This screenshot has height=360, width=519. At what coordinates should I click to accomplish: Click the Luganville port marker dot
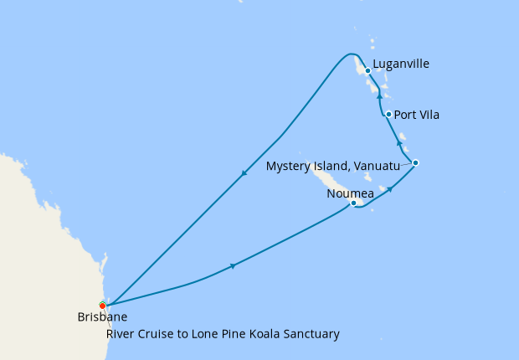click(367, 70)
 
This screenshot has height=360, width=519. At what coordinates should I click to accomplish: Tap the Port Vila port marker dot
click(388, 114)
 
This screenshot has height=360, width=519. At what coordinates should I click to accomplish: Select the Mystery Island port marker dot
click(415, 162)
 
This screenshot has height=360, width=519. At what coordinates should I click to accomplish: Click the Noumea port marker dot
click(353, 203)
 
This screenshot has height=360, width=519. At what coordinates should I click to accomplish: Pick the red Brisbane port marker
click(102, 305)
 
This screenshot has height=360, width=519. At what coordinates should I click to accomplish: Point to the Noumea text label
click(350, 193)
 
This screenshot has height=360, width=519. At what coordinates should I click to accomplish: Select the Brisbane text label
click(102, 318)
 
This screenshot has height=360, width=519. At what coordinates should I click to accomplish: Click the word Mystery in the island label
click(289, 167)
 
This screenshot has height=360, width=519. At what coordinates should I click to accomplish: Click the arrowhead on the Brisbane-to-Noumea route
click(232, 266)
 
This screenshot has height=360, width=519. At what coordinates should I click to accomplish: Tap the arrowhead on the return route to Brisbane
click(244, 174)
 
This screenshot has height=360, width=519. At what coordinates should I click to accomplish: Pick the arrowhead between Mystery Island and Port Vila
click(398, 144)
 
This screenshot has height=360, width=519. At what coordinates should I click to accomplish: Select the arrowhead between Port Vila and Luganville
click(379, 95)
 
